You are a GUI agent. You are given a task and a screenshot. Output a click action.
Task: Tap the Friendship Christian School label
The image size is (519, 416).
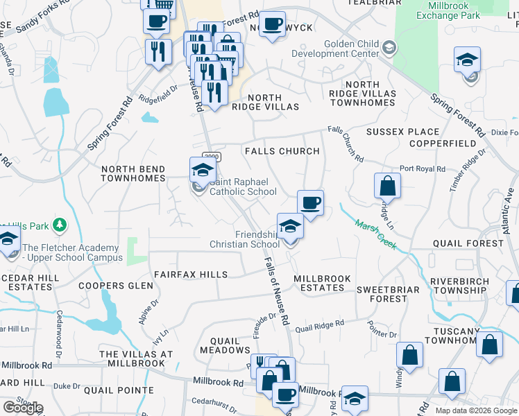(x=245, y=239)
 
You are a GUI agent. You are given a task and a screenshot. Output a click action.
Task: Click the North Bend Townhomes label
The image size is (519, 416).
(x=133, y=173)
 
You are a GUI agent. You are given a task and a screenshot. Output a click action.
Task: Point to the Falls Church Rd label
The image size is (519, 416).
(x=346, y=144)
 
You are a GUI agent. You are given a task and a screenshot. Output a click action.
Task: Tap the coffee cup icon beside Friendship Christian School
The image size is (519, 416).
(x=311, y=202)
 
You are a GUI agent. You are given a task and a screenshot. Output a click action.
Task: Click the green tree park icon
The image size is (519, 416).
(x=60, y=225)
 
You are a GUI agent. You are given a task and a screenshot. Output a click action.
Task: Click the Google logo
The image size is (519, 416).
(x=22, y=408)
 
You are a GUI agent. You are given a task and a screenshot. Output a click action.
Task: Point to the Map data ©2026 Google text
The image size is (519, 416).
(x=475, y=410)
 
